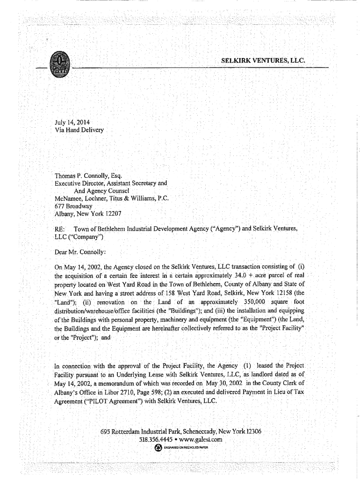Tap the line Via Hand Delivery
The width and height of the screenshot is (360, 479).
point(79,130)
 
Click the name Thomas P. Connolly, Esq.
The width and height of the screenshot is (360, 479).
point(88,176)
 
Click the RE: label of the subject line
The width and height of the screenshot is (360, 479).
point(60,229)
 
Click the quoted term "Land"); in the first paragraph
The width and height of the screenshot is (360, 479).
point(66,302)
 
